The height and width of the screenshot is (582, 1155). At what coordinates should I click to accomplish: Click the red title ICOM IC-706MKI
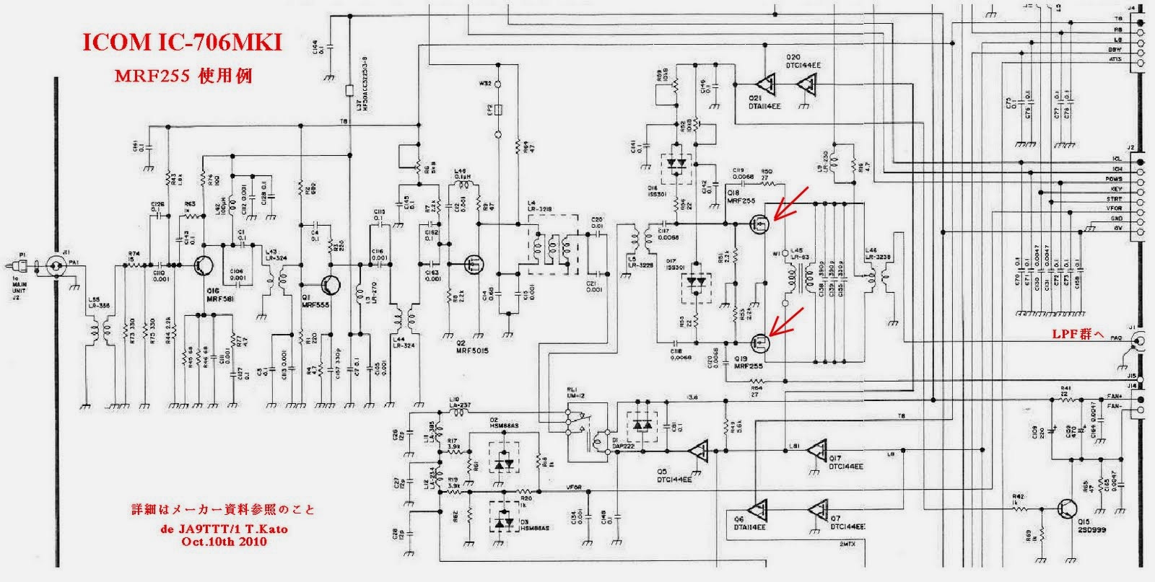(182, 44)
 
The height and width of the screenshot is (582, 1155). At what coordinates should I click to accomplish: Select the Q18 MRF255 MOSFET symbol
(758, 224)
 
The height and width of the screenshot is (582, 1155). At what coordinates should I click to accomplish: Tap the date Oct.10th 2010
(225, 541)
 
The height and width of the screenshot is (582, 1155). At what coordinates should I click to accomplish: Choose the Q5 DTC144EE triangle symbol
(698, 452)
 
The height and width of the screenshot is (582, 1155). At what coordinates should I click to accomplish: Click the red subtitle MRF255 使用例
(183, 75)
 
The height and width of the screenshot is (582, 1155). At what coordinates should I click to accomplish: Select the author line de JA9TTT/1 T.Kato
(225, 529)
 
